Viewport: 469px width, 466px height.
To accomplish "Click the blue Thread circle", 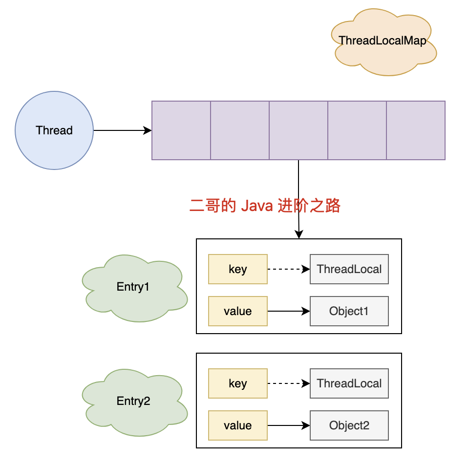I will (54, 130).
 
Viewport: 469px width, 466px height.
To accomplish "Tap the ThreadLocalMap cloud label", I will (383, 41).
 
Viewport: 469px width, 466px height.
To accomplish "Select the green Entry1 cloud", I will (133, 287).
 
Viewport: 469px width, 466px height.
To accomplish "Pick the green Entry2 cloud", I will (133, 401).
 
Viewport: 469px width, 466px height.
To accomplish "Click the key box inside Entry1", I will (237, 269).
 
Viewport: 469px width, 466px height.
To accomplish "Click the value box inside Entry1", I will (237, 311).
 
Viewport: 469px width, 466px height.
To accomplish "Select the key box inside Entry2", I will (237, 383).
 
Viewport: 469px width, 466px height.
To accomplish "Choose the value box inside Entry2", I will (237, 425).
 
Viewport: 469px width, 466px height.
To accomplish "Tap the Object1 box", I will (349, 311).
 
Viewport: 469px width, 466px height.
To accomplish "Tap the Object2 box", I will (349, 425).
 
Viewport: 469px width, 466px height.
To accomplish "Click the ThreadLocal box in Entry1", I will (349, 269).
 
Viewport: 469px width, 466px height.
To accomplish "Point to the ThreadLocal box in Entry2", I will (349, 383).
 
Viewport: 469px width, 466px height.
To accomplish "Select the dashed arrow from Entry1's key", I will (288, 269).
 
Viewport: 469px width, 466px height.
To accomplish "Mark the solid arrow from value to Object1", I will (288, 311).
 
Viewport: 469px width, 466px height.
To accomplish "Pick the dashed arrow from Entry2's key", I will (288, 383).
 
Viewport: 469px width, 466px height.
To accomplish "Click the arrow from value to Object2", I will (288, 425).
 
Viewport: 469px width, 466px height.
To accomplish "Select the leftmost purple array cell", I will (181, 130).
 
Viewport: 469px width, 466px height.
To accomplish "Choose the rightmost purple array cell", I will (416, 130).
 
